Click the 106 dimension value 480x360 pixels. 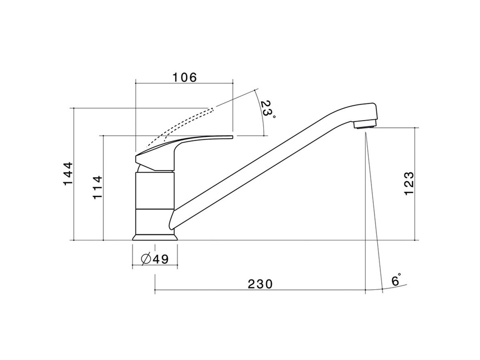click(185, 77)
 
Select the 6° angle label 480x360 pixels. click(396, 280)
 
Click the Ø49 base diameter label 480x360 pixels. click(154, 259)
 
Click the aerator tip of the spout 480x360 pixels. click(364, 126)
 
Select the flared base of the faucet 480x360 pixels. click(154, 237)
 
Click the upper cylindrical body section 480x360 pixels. click(154, 190)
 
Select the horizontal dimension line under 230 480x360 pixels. click(260, 290)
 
